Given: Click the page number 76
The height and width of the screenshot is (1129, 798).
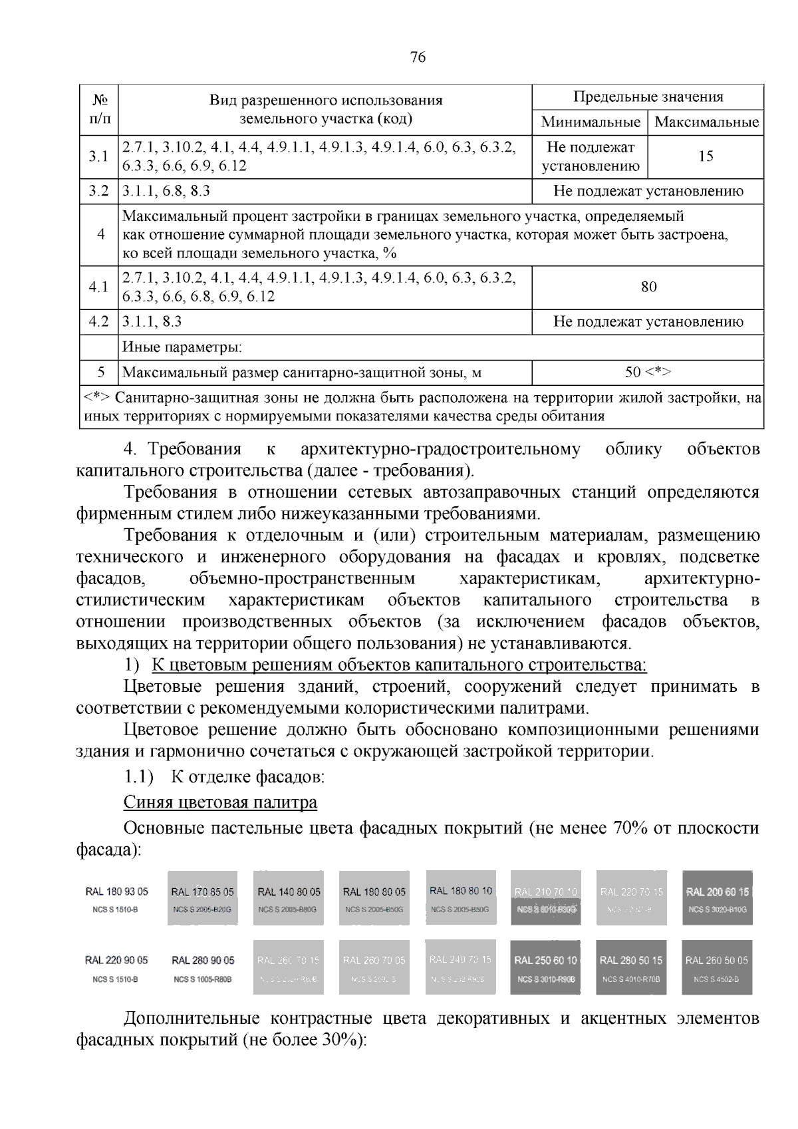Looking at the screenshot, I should (x=418, y=57).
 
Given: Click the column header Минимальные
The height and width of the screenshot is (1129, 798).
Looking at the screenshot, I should (x=590, y=122).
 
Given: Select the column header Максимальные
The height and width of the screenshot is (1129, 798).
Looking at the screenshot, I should (x=706, y=122).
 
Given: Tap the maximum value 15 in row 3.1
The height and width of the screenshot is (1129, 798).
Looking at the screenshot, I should (x=706, y=156).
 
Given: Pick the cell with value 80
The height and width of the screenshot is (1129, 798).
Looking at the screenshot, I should (x=648, y=287).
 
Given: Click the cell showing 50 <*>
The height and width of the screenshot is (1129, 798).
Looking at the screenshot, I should (x=648, y=372).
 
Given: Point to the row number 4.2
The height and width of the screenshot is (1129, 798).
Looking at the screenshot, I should (x=98, y=322).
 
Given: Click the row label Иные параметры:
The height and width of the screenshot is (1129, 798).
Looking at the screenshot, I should (x=182, y=347).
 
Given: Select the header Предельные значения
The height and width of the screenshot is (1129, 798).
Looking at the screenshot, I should (x=648, y=97).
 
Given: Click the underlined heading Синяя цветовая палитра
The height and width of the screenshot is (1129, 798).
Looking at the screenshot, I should (x=220, y=802).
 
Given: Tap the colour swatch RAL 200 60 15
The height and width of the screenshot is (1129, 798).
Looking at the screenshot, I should (x=718, y=897).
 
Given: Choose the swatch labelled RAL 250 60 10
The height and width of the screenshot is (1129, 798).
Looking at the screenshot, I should (x=545, y=967).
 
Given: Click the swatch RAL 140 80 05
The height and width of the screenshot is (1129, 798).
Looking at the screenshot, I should (x=289, y=897).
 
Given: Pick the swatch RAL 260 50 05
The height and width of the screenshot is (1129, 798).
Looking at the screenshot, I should (x=717, y=967).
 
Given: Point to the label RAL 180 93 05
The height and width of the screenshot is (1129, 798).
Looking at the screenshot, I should (x=116, y=891).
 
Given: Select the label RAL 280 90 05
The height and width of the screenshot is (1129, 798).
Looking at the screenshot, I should (x=203, y=960).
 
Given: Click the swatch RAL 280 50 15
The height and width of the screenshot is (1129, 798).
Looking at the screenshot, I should (x=631, y=967).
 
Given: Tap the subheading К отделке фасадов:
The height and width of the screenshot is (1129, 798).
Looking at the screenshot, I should (x=247, y=776).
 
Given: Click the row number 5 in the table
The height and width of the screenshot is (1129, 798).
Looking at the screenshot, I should (x=101, y=372).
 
